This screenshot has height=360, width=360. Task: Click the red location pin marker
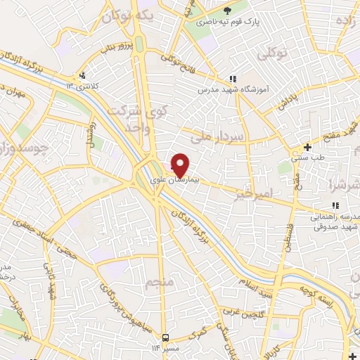pos(180,164)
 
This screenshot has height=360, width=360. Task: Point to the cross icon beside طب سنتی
pos(307,147)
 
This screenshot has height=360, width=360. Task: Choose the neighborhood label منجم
pos(157,283)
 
